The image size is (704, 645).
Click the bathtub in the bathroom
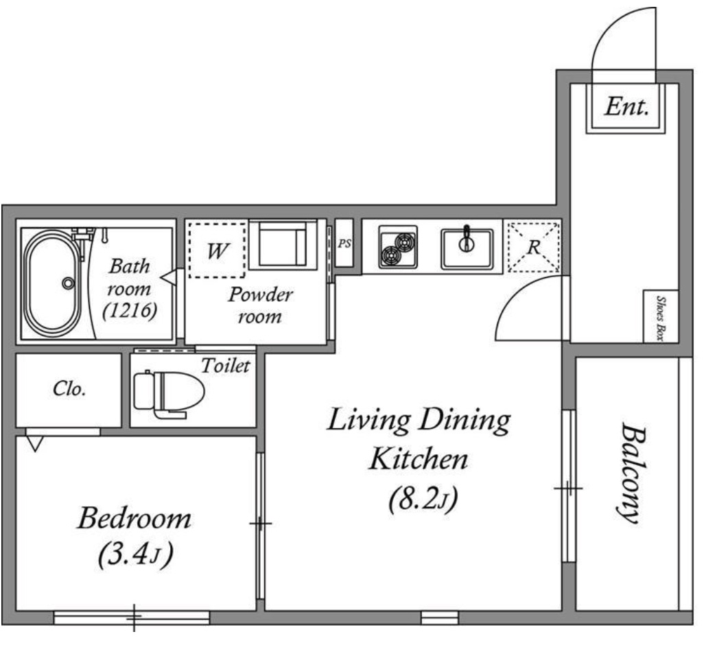click(x=53, y=283)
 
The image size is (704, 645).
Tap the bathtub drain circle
click(x=68, y=283)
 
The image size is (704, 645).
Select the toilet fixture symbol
click(x=169, y=394)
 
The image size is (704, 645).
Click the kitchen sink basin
click(x=467, y=249)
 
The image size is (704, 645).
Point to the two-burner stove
click(x=398, y=247)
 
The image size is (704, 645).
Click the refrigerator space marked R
click(x=533, y=247)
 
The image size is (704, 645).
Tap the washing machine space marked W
click(x=218, y=250)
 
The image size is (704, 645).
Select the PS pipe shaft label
click(x=344, y=244)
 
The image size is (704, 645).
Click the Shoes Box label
click(x=661, y=318)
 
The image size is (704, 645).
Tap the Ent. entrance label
click(x=626, y=107)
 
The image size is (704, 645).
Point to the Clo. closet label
click(x=69, y=388)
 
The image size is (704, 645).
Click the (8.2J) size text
click(x=423, y=499)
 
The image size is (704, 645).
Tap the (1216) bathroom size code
click(x=130, y=311)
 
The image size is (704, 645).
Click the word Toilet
click(x=225, y=365)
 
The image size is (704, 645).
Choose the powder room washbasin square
click(x=283, y=245)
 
